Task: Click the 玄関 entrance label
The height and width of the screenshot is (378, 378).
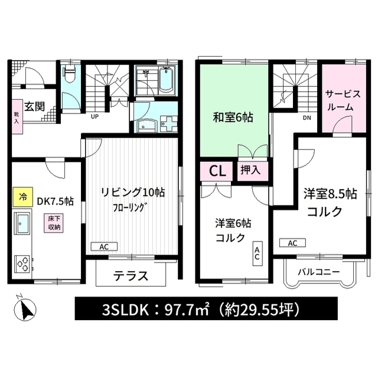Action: (x=35, y=106)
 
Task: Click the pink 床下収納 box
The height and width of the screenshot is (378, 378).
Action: (x=54, y=223)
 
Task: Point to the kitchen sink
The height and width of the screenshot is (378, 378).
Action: (x=23, y=224)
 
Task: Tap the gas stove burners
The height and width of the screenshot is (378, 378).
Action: (x=24, y=262)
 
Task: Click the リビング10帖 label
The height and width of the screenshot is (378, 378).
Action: (x=133, y=193)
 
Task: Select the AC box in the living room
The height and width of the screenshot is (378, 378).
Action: (x=104, y=246)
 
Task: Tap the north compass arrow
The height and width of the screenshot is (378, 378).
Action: (x=27, y=308)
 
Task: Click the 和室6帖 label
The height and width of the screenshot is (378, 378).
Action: (x=233, y=118)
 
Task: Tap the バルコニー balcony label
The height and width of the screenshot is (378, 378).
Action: (x=318, y=272)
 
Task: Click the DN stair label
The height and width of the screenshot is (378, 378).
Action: (x=307, y=118)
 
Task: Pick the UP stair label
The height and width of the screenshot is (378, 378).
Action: (x=94, y=116)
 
